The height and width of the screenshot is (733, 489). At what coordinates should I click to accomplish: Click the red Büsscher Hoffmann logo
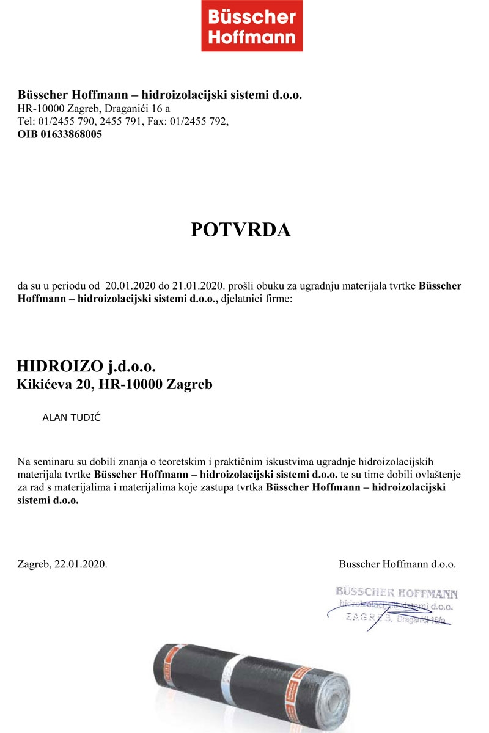[252, 26]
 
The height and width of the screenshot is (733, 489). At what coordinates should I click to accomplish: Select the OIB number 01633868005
[72, 134]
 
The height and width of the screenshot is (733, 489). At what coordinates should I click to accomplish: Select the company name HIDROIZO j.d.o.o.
[86, 366]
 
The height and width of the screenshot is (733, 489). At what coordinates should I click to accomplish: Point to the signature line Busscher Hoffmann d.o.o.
[397, 564]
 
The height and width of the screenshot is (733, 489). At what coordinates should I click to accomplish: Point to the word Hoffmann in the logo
[252, 37]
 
